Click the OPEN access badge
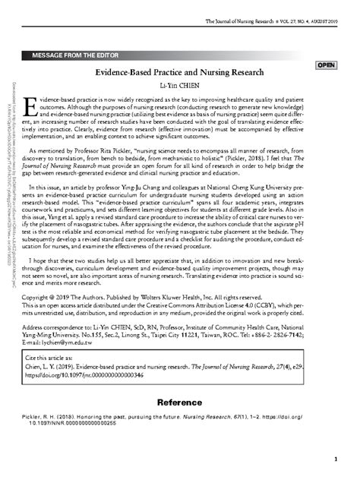point(327,66)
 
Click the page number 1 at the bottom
point(334,460)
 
